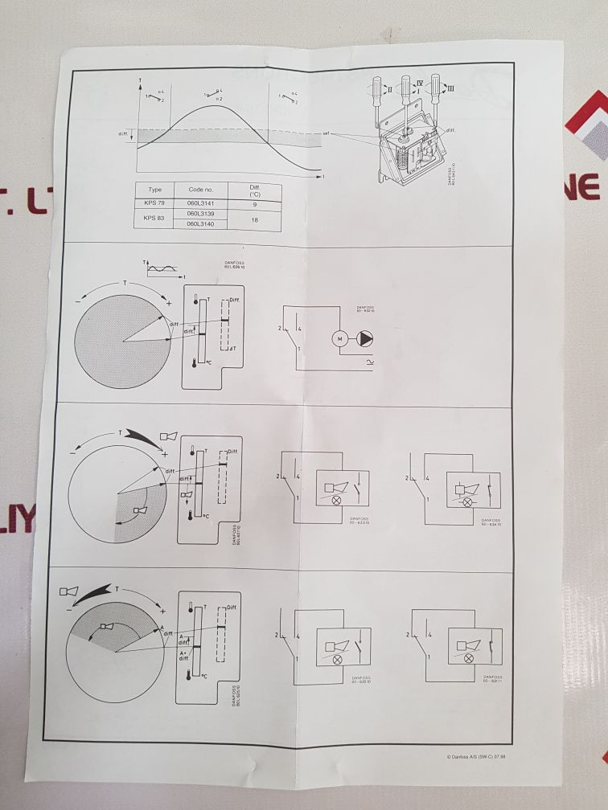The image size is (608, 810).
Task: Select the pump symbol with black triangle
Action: click(x=367, y=338)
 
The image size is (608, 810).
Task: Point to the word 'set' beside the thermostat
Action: click(x=326, y=133)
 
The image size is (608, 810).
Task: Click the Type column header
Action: click(x=156, y=189)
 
